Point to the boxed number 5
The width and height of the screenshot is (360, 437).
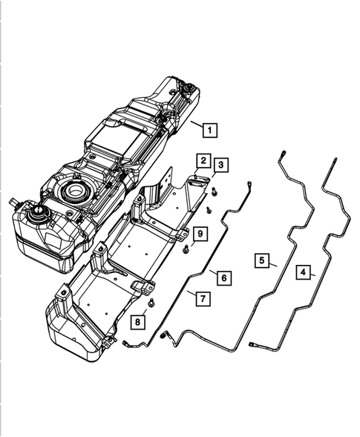(x=263, y=260)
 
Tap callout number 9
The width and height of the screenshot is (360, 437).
(x=200, y=234)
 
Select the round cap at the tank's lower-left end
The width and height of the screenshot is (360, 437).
(x=35, y=215)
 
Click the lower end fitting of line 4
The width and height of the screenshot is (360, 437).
(x=255, y=345)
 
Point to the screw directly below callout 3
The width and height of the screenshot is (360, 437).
(x=214, y=192)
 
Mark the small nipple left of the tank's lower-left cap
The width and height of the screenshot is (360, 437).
(x=13, y=202)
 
